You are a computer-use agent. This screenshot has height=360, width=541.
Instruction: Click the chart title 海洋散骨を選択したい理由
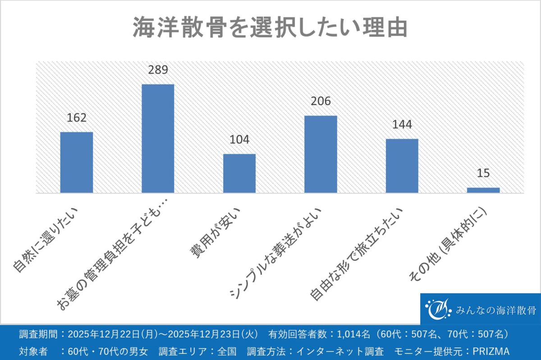pyautogui.click(x=270, y=28)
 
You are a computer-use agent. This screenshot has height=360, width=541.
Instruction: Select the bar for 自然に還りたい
pyautogui.click(x=77, y=162)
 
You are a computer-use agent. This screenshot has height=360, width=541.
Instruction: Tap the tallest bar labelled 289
pyautogui.click(x=158, y=138)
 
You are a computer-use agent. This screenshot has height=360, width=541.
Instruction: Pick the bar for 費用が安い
pyautogui.click(x=239, y=173)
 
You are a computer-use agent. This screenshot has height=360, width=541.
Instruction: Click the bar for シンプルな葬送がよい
pyautogui.click(x=321, y=154)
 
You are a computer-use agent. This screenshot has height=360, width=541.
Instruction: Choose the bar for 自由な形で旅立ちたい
pyautogui.click(x=402, y=166)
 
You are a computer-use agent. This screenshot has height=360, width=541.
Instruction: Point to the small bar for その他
pyautogui.click(x=483, y=190)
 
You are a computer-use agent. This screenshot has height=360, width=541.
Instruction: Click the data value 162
pyautogui.click(x=77, y=118)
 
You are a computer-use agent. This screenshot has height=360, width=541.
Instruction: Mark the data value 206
pyautogui.click(x=321, y=101)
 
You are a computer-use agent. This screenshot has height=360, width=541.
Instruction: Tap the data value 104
pyautogui.click(x=239, y=140)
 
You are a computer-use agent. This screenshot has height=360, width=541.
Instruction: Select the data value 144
pyautogui.click(x=402, y=125)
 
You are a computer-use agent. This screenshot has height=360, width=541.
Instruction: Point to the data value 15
pyautogui.click(x=483, y=173)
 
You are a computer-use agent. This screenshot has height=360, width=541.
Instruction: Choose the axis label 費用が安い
pyautogui.click(x=216, y=232)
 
